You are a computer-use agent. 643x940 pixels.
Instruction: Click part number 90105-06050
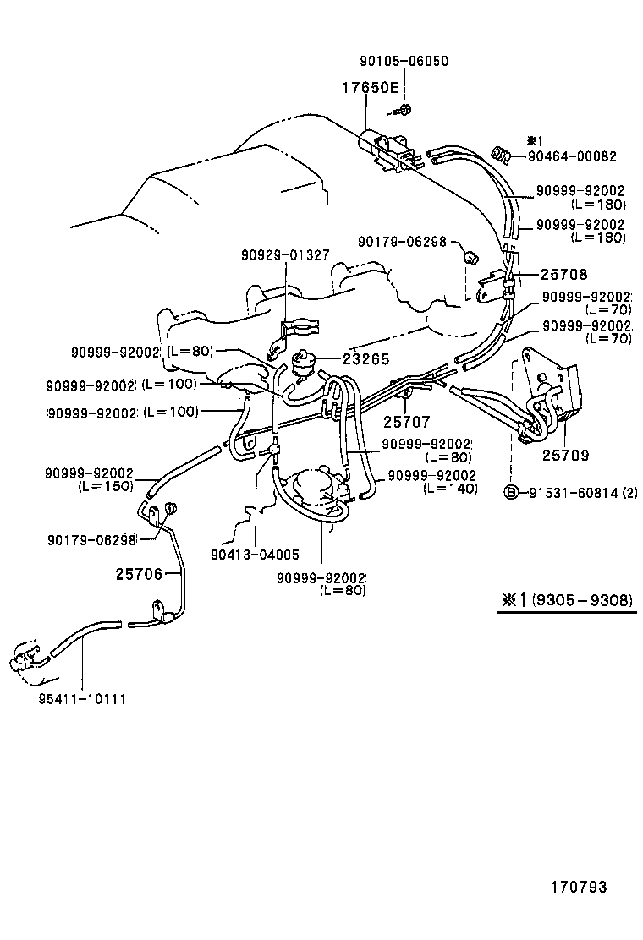click(x=404, y=61)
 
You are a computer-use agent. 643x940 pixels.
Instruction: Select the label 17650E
click(x=370, y=87)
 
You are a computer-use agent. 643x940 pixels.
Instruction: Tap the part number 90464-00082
click(x=572, y=156)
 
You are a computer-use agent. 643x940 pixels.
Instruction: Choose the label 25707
click(x=406, y=420)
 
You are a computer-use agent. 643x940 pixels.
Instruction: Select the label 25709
click(x=565, y=455)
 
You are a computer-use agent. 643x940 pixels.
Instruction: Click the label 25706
click(x=138, y=574)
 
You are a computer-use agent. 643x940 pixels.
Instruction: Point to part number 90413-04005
click(x=256, y=555)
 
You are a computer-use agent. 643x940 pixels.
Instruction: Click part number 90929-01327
click(x=284, y=254)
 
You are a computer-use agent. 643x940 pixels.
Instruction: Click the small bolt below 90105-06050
click(x=404, y=109)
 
